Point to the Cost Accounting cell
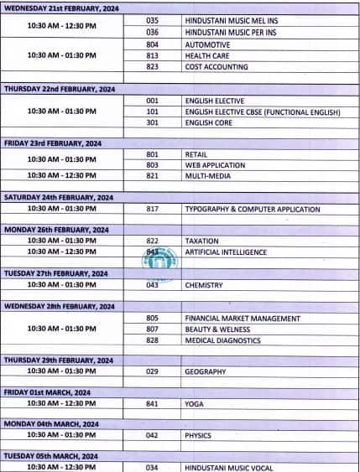(x=216, y=66)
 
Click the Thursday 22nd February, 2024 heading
(x=59, y=88)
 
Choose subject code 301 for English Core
(x=152, y=122)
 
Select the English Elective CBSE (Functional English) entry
(x=263, y=111)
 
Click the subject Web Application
(x=212, y=165)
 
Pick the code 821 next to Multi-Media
(x=152, y=176)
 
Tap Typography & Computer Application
(x=252, y=209)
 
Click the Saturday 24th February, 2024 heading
(x=59, y=197)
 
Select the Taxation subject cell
(x=201, y=241)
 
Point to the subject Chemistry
(x=204, y=285)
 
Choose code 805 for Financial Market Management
(x=152, y=319)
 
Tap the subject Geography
(x=206, y=371)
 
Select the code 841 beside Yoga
(x=152, y=403)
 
